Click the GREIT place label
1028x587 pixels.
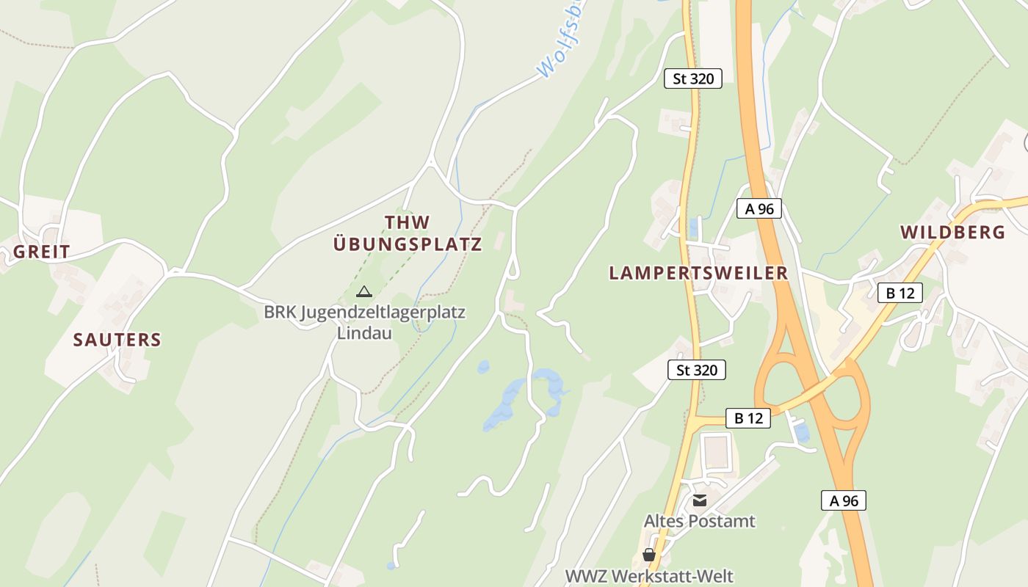(x=42, y=252)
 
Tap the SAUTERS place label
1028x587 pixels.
(x=117, y=340)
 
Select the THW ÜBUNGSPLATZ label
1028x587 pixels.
(x=408, y=233)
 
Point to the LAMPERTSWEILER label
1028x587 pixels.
(x=698, y=273)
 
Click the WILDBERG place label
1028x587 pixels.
(x=952, y=233)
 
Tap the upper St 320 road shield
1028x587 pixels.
(x=692, y=79)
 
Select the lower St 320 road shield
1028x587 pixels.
(x=696, y=370)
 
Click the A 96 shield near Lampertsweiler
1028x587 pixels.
(x=759, y=208)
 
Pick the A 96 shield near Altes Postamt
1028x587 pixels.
(x=843, y=501)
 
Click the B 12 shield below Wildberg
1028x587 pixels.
(x=899, y=293)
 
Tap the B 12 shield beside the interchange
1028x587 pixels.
(x=748, y=418)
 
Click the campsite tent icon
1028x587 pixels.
(x=363, y=292)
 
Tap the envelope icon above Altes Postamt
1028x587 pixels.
(x=699, y=500)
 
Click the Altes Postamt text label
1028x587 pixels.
(x=699, y=521)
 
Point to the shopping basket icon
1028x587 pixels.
(x=648, y=555)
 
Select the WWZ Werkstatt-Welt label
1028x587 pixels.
(x=648, y=576)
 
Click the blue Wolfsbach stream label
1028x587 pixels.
(x=562, y=40)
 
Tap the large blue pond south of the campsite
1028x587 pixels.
(x=514, y=400)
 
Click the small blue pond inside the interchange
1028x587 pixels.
(x=801, y=431)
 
